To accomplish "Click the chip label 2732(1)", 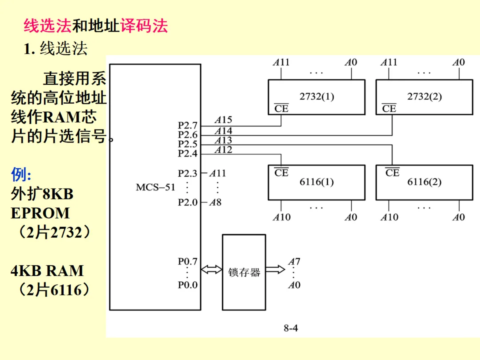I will coord(316,96).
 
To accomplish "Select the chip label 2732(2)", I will coord(424,96).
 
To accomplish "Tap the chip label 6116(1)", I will coord(316,182).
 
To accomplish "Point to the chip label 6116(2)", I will coord(424,182).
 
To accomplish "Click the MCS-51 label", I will coord(156,187).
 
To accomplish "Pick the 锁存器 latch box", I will coord(244,272).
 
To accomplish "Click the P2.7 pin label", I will coord(188,126).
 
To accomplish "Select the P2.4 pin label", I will coord(188,153).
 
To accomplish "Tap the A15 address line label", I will coord(223,120).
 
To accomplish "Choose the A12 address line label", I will coord(223,150).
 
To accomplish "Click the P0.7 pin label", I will coord(188,261).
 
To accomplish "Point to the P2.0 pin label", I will coord(188,202).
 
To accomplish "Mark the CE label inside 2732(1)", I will coord(281,108).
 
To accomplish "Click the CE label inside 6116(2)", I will coord(392,172).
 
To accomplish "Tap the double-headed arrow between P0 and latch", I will coord(212,269).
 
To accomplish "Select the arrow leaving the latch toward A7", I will coord(275,269).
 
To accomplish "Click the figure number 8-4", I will coord(291,328).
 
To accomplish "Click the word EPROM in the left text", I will coord(40,213).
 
